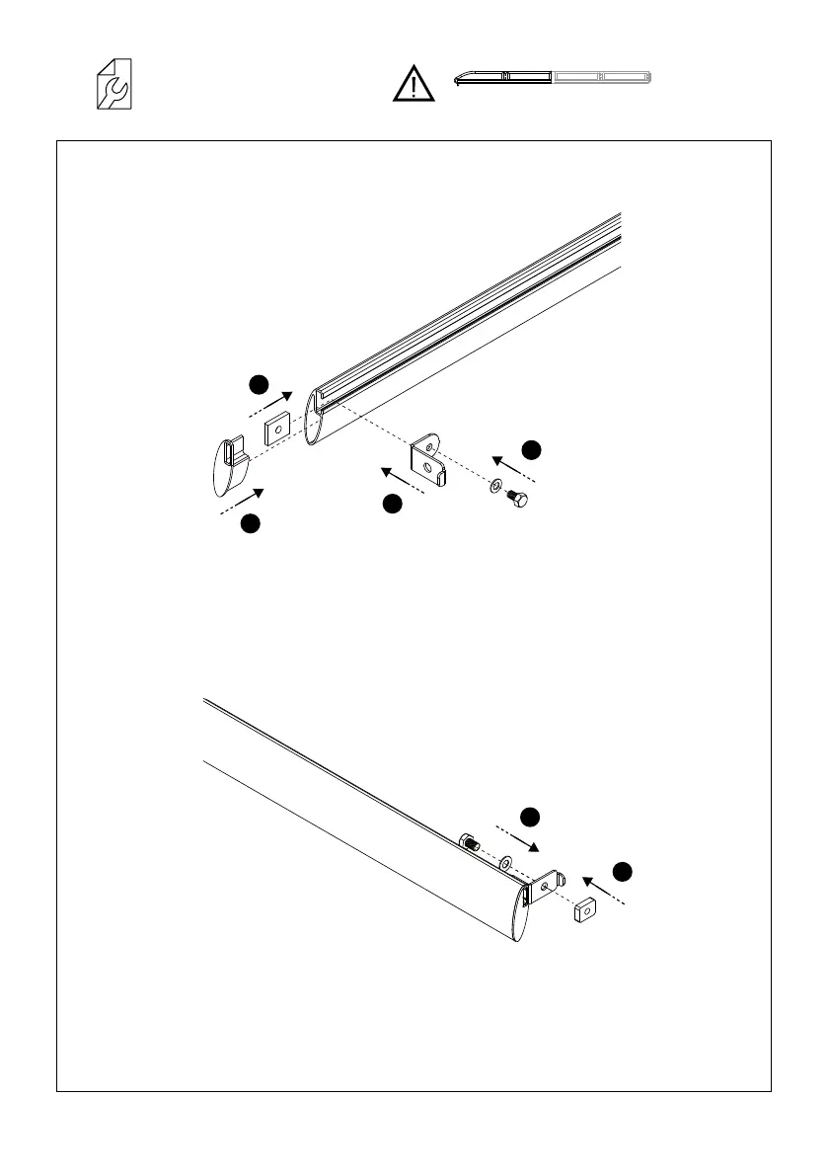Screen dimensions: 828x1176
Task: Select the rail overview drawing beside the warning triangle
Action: (x=554, y=77)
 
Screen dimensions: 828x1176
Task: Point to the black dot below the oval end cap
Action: (x=251, y=524)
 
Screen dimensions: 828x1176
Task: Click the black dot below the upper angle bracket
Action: (x=392, y=505)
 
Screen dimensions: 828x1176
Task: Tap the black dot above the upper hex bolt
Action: (x=531, y=449)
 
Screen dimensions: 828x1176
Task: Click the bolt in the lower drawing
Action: (x=468, y=843)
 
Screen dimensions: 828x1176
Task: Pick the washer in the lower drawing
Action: (x=505, y=864)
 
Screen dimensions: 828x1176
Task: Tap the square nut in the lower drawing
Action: (x=583, y=909)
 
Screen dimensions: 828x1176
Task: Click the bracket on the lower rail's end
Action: (x=546, y=885)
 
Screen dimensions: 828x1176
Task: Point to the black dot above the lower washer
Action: (x=530, y=817)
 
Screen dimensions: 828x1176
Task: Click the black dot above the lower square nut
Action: (x=621, y=871)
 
